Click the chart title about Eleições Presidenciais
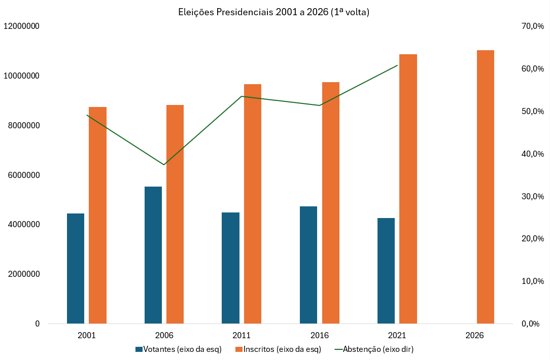click(274, 12)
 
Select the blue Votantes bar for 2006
click(153, 255)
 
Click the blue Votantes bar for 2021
click(386, 271)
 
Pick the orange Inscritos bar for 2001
click(97, 215)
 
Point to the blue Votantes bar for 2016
click(308, 265)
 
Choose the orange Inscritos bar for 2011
click(253, 204)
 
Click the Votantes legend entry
click(179, 349)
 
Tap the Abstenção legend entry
click(374, 349)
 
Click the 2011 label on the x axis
click(242, 336)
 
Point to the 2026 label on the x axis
click(475, 336)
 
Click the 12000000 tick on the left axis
click(22, 26)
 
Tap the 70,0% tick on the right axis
click(532, 26)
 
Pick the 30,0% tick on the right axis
click(532, 196)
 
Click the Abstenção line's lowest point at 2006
click(164, 164)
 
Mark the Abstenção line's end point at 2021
click(397, 65)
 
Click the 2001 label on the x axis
click(87, 336)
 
